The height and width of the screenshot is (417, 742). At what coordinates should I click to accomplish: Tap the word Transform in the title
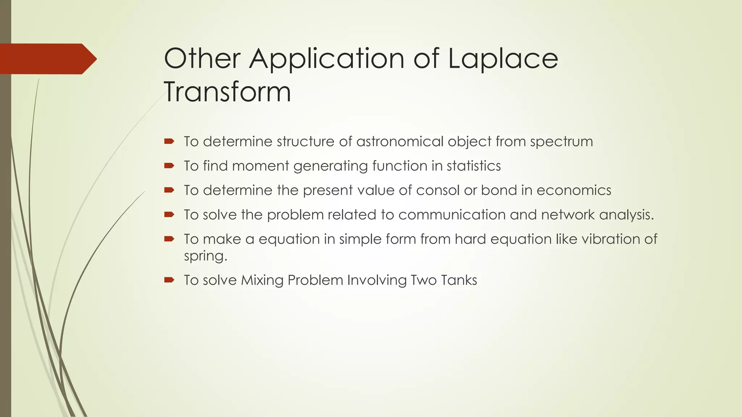pyautogui.click(x=228, y=92)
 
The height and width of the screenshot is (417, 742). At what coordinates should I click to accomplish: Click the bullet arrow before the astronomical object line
pyautogui.click(x=169, y=141)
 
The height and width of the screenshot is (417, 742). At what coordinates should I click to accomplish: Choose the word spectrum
pyautogui.click(x=561, y=142)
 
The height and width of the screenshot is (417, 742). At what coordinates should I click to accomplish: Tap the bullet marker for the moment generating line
pyautogui.click(x=169, y=166)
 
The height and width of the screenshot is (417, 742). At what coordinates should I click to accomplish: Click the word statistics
pyautogui.click(x=474, y=166)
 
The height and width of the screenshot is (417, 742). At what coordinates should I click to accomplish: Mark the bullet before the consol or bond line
pyautogui.click(x=169, y=190)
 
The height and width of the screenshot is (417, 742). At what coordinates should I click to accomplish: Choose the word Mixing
pyautogui.click(x=262, y=281)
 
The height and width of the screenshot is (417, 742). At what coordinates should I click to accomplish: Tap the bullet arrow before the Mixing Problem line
pyautogui.click(x=169, y=280)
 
